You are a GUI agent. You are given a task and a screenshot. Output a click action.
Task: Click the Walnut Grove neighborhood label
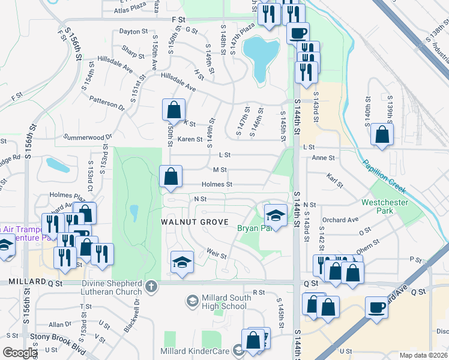coord(195,222)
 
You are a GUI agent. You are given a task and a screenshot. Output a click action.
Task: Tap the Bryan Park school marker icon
coord(275,214)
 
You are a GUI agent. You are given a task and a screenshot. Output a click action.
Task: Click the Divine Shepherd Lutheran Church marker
coord(151,286)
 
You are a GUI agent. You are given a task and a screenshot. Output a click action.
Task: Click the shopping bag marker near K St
coord(173,110)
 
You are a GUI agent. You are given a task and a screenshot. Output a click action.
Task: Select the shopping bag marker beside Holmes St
coord(171,176)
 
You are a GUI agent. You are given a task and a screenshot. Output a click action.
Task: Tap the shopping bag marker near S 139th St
coord(382,134)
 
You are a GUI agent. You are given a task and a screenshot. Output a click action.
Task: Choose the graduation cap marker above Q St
coord(182,262)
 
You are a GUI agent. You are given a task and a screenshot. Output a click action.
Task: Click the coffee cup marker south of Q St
coord(376,307)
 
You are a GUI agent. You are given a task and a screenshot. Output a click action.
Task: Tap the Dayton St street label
coord(133,31)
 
